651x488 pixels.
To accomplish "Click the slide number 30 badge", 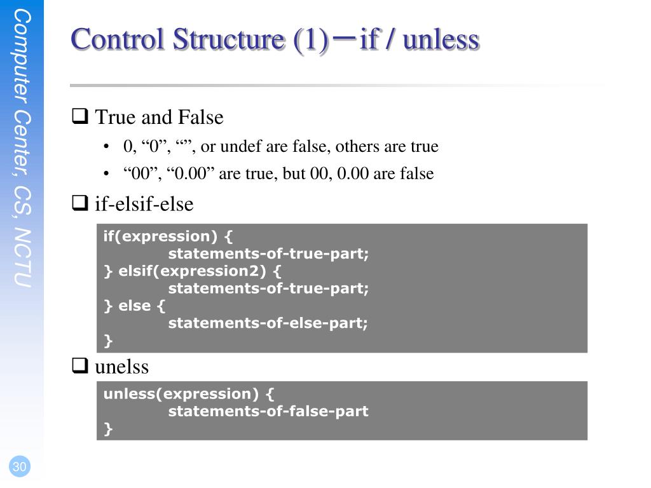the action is pos(20,467).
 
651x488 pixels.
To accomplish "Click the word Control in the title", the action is pos(118,39).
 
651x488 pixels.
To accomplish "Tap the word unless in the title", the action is pos(441,39).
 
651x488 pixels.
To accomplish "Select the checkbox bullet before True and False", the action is pos(79,117).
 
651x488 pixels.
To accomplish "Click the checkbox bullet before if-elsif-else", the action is pos(79,204).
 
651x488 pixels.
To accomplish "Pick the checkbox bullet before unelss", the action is pos(79,366).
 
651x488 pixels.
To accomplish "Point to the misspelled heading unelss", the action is pos(121,367).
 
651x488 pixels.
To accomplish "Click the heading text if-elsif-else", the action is pos(144,204).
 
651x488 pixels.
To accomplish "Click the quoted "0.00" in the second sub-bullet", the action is pos(193,173).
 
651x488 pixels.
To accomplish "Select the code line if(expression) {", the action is pos(168,236).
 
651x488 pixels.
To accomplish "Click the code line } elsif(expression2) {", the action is pos(192,271).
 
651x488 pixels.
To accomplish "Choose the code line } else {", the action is pos(134,306).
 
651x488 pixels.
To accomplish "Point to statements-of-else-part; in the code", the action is pos(268,323).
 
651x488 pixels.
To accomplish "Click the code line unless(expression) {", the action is pos(189,394).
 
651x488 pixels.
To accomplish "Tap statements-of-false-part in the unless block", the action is pos(268,411).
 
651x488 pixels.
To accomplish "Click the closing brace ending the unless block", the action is pos(108,429).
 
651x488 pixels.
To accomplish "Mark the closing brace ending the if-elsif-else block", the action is pos(108,341).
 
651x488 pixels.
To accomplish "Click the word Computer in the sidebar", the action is pos(22,57).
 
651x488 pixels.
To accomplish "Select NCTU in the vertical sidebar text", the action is pos(22,258).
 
